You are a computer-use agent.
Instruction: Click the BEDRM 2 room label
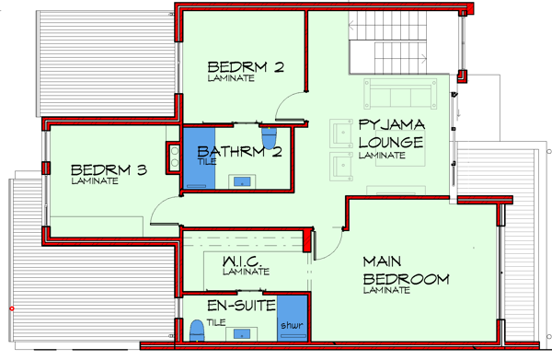[x=246, y=67]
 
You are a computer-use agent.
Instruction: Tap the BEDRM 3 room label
[x=109, y=170]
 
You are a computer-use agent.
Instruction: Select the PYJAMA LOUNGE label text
[x=391, y=134]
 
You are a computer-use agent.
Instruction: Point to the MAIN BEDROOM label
[x=406, y=271]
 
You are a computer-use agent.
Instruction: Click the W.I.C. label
[x=242, y=261]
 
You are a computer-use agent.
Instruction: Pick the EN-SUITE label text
[x=241, y=306]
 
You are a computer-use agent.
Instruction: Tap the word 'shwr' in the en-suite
[x=292, y=325]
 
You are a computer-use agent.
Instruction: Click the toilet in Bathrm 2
[x=270, y=138]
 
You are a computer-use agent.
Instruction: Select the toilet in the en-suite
[x=197, y=331]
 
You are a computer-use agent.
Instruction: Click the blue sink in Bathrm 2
[x=242, y=181]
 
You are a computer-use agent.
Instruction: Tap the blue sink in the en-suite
[x=242, y=333]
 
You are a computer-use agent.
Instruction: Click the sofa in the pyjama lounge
[x=400, y=93]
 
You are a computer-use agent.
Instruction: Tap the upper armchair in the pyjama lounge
[x=341, y=134]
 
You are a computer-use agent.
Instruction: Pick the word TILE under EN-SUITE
[x=216, y=322]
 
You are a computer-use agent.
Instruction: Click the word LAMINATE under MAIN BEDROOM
[x=386, y=290]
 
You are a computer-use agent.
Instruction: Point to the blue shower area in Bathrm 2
[x=199, y=158]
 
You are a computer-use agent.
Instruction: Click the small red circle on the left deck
[x=12, y=308]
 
